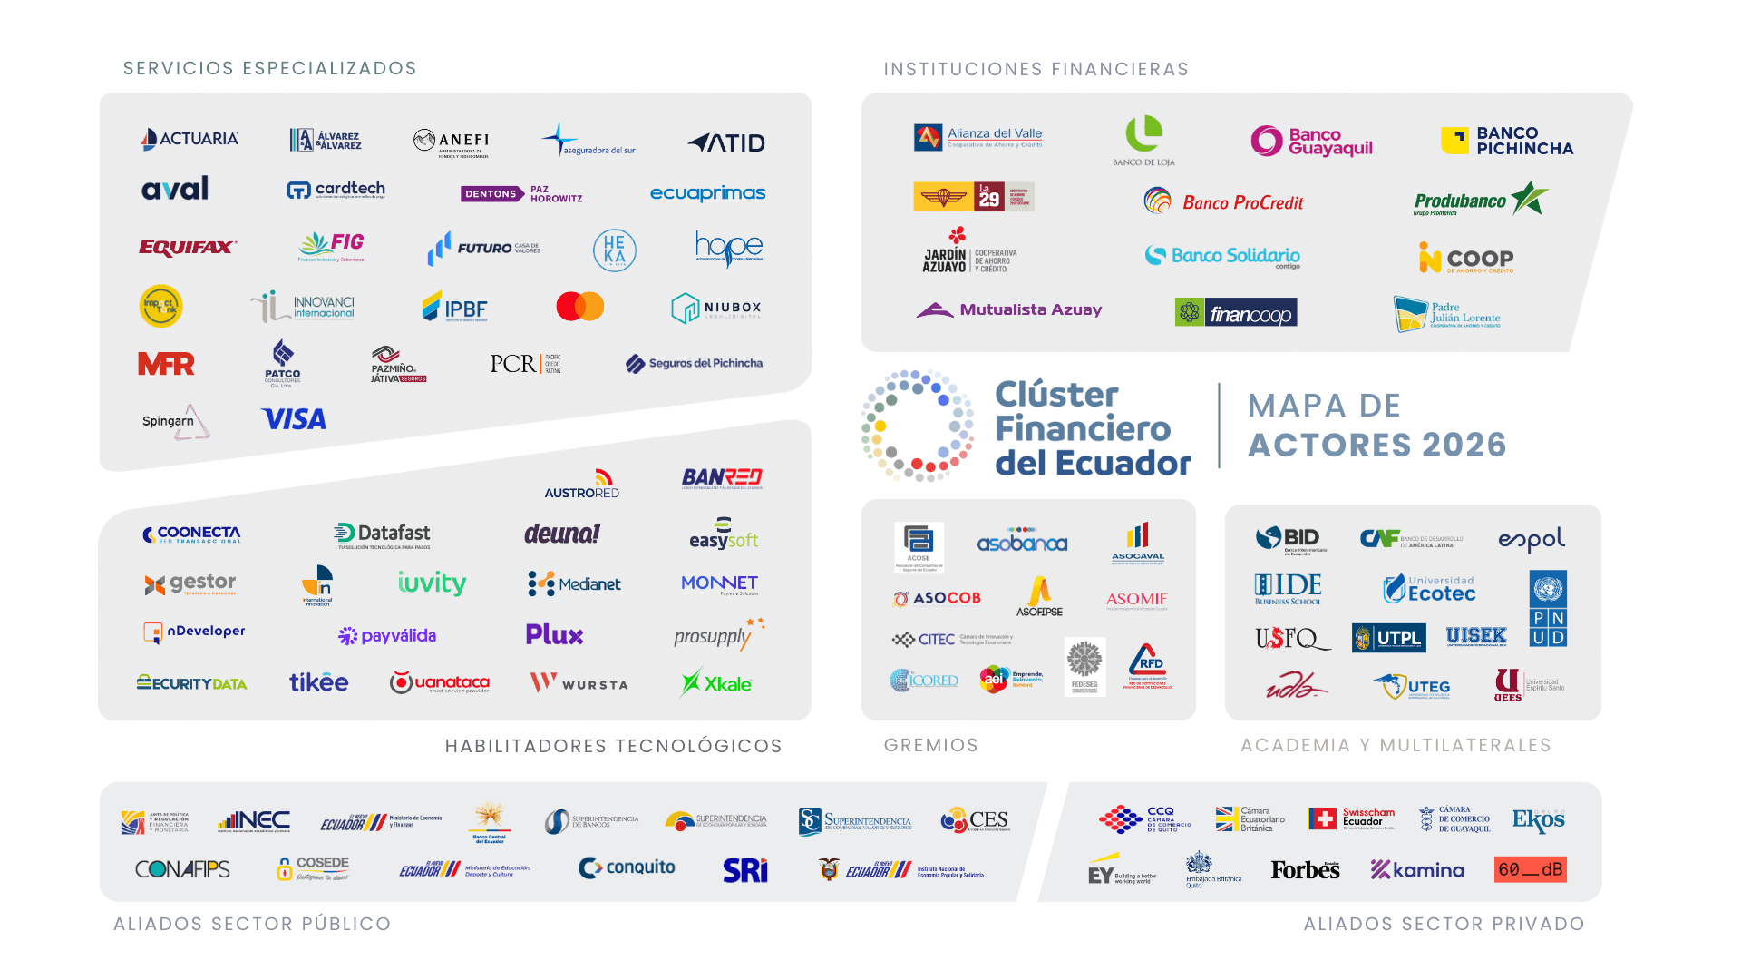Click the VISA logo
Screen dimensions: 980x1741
click(294, 419)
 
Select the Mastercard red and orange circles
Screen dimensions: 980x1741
click(580, 307)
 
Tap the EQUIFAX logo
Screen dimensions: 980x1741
click(187, 247)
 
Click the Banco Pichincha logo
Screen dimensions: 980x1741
click(1507, 141)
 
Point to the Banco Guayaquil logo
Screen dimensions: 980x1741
click(1311, 142)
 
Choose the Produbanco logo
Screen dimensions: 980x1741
click(1480, 201)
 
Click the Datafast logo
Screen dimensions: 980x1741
click(382, 534)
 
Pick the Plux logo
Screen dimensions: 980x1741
click(554, 634)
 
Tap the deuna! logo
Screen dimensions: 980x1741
click(562, 534)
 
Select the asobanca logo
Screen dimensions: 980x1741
click(1022, 543)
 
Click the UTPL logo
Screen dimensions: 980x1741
click(1388, 638)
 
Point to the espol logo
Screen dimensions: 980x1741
click(1532, 540)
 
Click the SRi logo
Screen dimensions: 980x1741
click(745, 870)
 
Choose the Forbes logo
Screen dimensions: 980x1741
click(1305, 870)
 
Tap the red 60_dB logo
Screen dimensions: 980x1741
click(1531, 869)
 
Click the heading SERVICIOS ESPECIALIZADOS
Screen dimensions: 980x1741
click(270, 69)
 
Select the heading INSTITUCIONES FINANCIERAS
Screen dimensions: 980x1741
click(1036, 70)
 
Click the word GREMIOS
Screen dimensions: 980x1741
click(931, 746)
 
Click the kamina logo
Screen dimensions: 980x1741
click(1417, 870)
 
